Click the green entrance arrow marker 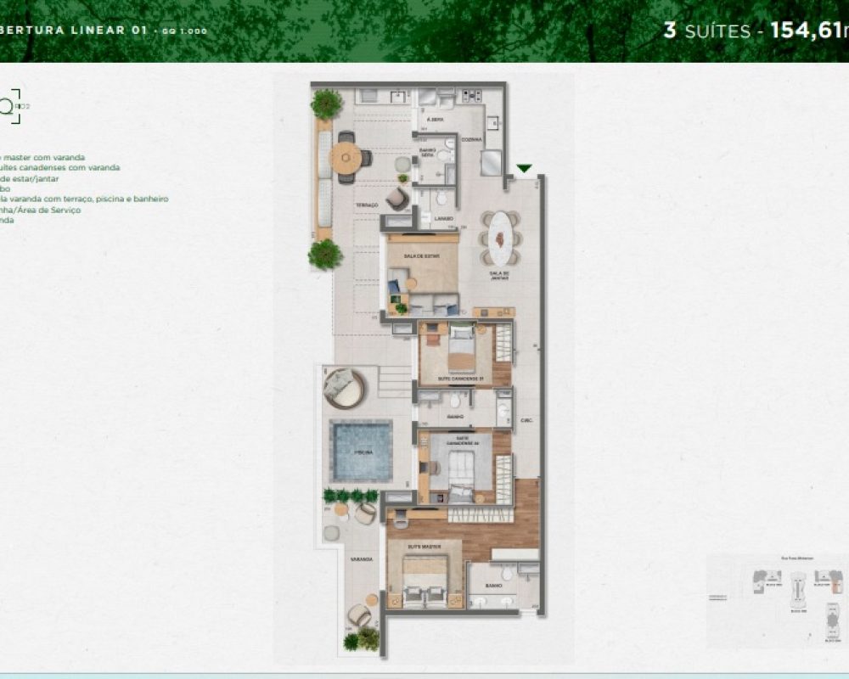(525, 168)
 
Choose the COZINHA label (472, 139)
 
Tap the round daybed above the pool (342, 387)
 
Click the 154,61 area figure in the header (807, 31)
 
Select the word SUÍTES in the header (717, 32)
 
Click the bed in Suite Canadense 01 (461, 349)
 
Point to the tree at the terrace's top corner (326, 104)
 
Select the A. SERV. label (436, 120)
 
